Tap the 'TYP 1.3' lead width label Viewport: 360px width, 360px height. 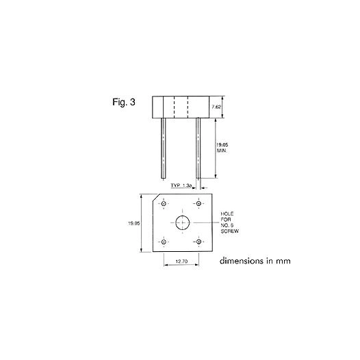[181, 186]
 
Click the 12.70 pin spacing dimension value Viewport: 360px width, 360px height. [181, 261]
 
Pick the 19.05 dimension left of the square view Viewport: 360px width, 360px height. [134, 223]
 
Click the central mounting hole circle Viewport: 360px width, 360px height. [183, 222]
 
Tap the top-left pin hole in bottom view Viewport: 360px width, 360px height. [164, 203]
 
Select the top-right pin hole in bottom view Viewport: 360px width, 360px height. [198, 203]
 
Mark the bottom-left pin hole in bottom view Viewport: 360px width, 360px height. [164, 242]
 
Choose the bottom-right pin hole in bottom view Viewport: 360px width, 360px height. [198, 242]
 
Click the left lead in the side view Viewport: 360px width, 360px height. [164, 147]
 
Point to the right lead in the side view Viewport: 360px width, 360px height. [198, 147]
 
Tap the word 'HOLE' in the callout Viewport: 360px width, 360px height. [227, 214]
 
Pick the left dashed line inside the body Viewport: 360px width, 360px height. [174, 107]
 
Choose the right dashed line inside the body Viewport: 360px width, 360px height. [188, 107]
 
